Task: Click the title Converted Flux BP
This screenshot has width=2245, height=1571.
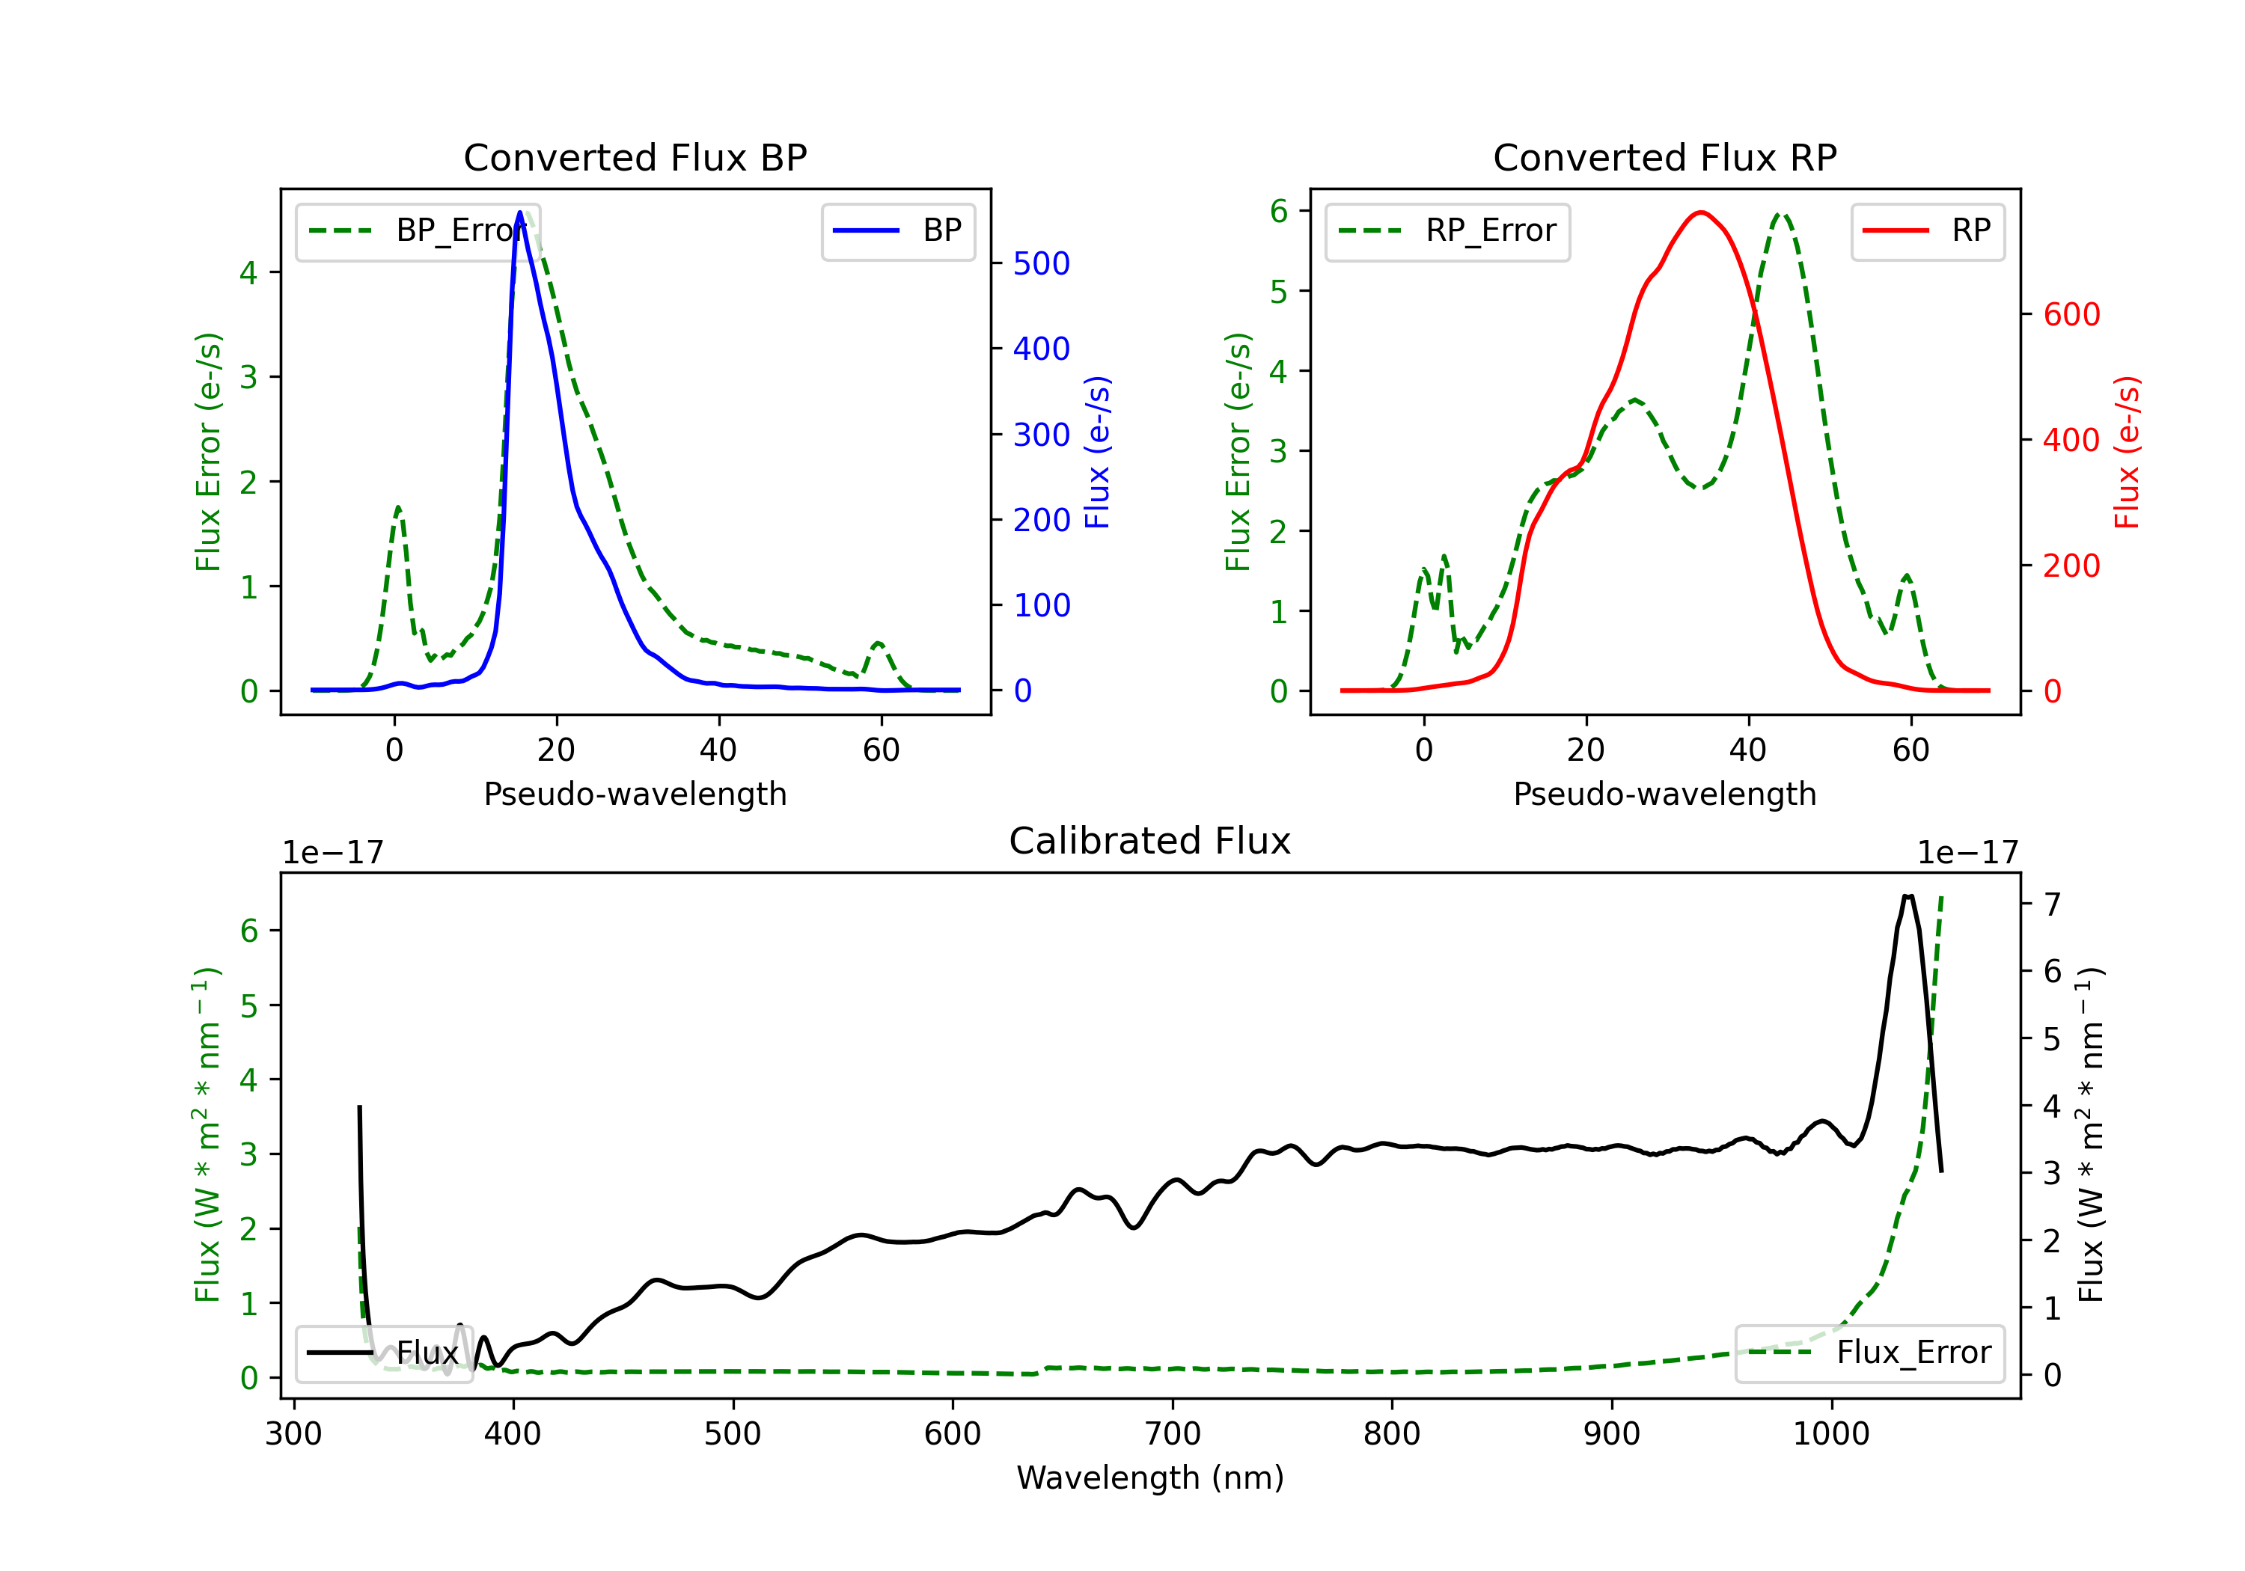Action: pos(635,157)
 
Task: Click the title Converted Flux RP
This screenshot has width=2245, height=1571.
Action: pos(1664,157)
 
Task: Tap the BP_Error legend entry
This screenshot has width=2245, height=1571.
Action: pos(418,230)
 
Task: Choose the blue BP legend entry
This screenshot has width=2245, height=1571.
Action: pos(897,230)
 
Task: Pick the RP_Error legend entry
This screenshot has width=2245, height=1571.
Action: pos(1447,230)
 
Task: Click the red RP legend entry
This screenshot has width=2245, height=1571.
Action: pos(1927,230)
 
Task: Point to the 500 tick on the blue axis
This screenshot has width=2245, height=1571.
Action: pos(1040,263)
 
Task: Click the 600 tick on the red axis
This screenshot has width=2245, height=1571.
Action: pos(2071,315)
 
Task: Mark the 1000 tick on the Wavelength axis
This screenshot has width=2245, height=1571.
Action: pos(1830,1433)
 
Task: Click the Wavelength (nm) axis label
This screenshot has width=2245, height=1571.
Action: pos(1150,1477)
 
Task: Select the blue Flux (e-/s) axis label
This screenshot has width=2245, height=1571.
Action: pos(1098,452)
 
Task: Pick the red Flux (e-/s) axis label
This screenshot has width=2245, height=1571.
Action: pos(2128,452)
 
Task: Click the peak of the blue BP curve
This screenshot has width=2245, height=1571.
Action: pos(520,212)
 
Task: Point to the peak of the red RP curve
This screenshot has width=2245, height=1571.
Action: pos(1702,212)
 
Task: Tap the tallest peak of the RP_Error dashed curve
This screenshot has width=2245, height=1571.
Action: pos(1782,214)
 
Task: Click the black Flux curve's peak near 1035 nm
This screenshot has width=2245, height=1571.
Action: pos(1908,895)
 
